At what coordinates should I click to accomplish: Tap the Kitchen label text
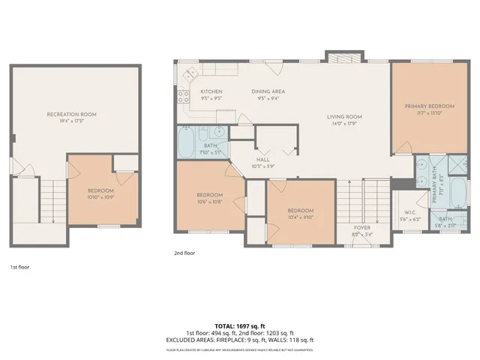click(211, 91)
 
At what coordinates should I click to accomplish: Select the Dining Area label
click(267, 91)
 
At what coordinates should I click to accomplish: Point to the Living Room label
click(344, 117)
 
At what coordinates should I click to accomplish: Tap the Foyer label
click(362, 226)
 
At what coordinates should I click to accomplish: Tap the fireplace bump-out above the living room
click(334, 57)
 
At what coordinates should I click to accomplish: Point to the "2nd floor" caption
click(184, 254)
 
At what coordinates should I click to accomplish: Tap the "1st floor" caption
click(19, 266)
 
